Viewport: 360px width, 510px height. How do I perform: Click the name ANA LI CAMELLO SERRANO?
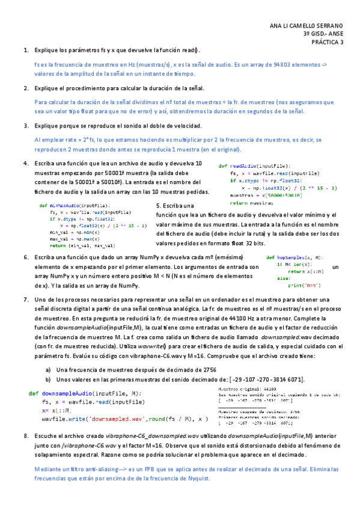(x=307, y=25)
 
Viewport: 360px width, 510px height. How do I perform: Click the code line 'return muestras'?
(x=248, y=204)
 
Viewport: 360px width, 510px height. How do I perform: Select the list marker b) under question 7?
(x=48, y=380)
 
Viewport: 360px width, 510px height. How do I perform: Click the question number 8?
(x=25, y=434)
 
